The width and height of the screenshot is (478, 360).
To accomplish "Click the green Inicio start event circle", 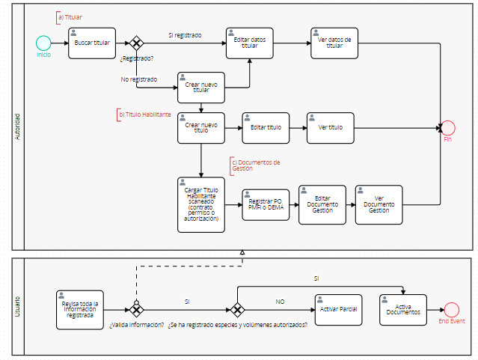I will pyautogui.click(x=43, y=43).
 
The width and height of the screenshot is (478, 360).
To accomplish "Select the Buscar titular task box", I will pyautogui.click(x=91, y=43).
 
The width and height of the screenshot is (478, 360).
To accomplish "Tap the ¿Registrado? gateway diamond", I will pyautogui.click(x=136, y=43).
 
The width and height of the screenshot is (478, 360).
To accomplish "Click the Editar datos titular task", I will pyautogui.click(x=249, y=43).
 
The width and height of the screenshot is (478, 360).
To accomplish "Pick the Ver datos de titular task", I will pyautogui.click(x=334, y=43).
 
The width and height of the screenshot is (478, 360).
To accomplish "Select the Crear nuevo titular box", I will pyautogui.click(x=201, y=87).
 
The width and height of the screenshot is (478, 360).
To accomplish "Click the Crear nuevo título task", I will pyautogui.click(x=201, y=127).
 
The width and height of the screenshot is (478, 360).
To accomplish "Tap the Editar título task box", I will pyautogui.click(x=266, y=127).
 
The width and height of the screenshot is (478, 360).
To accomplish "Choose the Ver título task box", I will pyautogui.click(x=330, y=127).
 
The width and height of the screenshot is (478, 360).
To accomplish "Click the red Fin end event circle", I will pyautogui.click(x=448, y=128).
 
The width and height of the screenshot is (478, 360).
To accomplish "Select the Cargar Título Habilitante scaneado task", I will pyautogui.click(x=201, y=204).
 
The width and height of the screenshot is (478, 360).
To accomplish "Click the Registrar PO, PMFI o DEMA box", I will pyautogui.click(x=266, y=204).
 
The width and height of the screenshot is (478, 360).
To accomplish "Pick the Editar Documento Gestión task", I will pyautogui.click(x=322, y=204).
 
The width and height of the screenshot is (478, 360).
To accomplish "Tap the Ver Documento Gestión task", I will pyautogui.click(x=379, y=204).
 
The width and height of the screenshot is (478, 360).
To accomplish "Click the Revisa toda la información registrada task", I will pyautogui.click(x=79, y=309).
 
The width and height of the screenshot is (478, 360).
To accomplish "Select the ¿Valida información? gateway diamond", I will pyautogui.click(x=136, y=309).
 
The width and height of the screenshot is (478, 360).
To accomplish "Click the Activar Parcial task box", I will pyautogui.click(x=338, y=310).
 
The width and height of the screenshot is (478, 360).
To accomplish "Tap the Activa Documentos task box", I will pyautogui.click(x=403, y=310).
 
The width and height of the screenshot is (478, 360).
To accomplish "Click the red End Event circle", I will pyautogui.click(x=451, y=310).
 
